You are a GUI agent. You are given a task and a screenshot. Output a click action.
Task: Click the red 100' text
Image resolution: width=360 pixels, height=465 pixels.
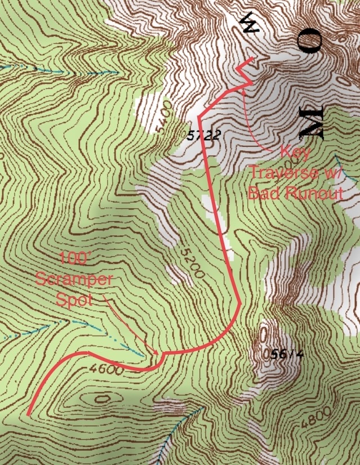click(x=74, y=260)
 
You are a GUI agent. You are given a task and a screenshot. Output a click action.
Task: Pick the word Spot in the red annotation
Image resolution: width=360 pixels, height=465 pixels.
click(x=73, y=298)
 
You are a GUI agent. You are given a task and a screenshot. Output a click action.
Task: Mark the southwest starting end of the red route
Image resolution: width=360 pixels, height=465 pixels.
click(x=28, y=414)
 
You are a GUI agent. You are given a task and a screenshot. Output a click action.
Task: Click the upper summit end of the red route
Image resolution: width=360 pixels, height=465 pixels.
click(x=251, y=59)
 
